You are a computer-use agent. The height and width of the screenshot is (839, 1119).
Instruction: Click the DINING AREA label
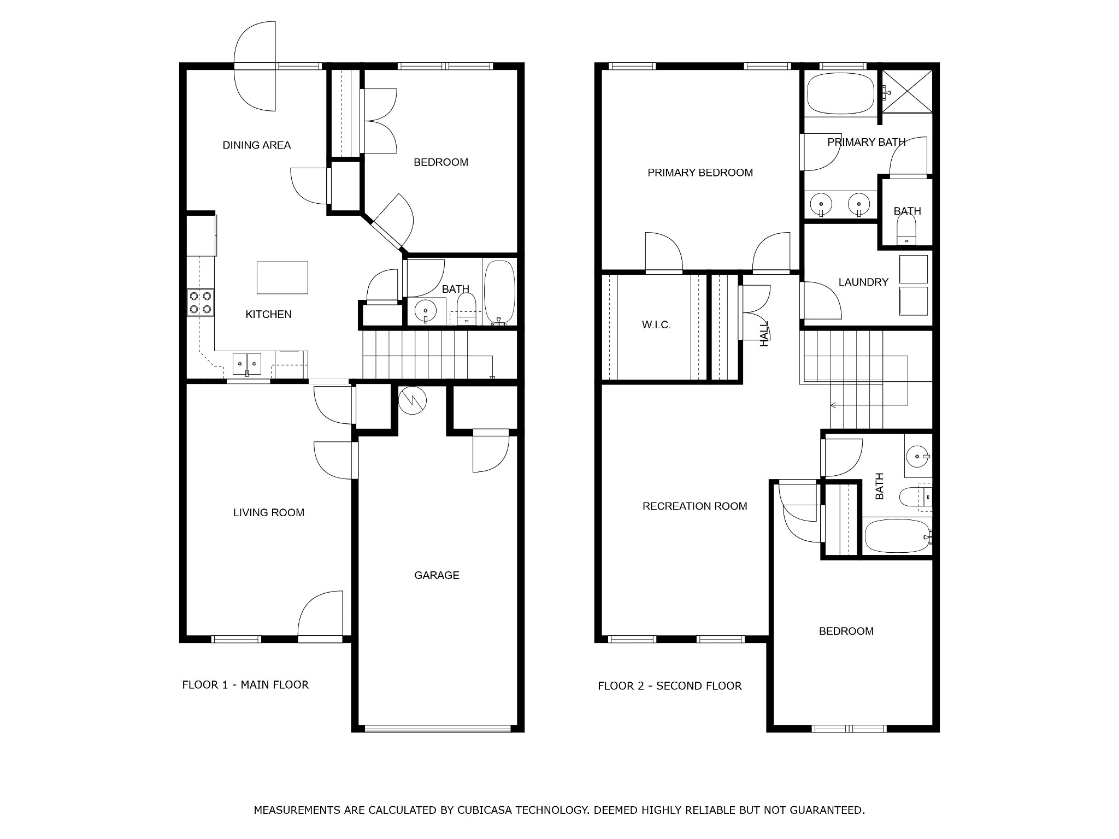[256, 145]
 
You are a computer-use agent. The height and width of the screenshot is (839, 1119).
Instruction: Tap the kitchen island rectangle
[282, 277]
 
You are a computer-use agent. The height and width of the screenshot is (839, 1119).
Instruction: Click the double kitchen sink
[247, 364]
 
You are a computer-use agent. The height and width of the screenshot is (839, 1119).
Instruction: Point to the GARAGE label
[437, 575]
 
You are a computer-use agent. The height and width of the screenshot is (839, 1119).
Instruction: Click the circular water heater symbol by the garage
[413, 400]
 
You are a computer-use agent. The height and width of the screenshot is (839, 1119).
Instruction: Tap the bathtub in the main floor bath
[499, 292]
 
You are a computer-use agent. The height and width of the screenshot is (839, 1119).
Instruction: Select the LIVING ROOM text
[268, 512]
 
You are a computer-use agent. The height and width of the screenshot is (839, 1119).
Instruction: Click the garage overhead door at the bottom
[437, 728]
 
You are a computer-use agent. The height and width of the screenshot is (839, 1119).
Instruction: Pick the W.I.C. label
[656, 325]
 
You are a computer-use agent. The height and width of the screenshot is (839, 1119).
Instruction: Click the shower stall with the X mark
[907, 91]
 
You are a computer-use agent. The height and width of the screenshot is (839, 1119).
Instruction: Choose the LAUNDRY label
[863, 282]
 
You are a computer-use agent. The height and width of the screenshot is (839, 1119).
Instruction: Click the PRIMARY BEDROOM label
[700, 173]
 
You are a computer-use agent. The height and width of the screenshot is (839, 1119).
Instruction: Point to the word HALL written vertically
[764, 334]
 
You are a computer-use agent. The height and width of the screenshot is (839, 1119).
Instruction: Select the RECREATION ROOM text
[694, 506]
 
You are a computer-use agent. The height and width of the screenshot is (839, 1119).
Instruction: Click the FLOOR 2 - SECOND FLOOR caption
[669, 686]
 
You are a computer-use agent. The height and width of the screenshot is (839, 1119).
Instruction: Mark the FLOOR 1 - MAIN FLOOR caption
[245, 685]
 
